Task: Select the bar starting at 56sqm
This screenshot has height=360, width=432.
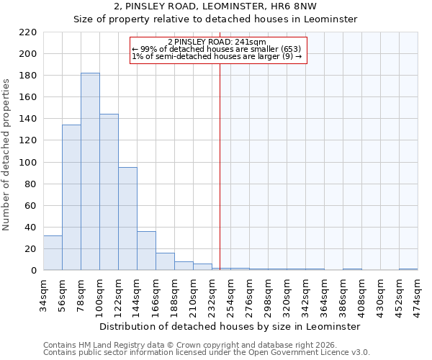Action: click(71, 197)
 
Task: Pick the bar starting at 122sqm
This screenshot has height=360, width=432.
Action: click(127, 219)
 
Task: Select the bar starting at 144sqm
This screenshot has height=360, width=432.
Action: click(146, 251)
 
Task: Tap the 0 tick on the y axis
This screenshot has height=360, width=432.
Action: click(34, 271)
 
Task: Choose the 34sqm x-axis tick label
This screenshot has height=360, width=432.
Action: click(43, 295)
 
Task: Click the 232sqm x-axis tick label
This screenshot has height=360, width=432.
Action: click(212, 295)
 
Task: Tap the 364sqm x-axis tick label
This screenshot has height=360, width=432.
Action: click(324, 295)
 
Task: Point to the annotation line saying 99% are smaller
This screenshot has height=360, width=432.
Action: click(220, 49)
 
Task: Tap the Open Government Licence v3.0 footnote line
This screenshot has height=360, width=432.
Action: click(207, 353)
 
